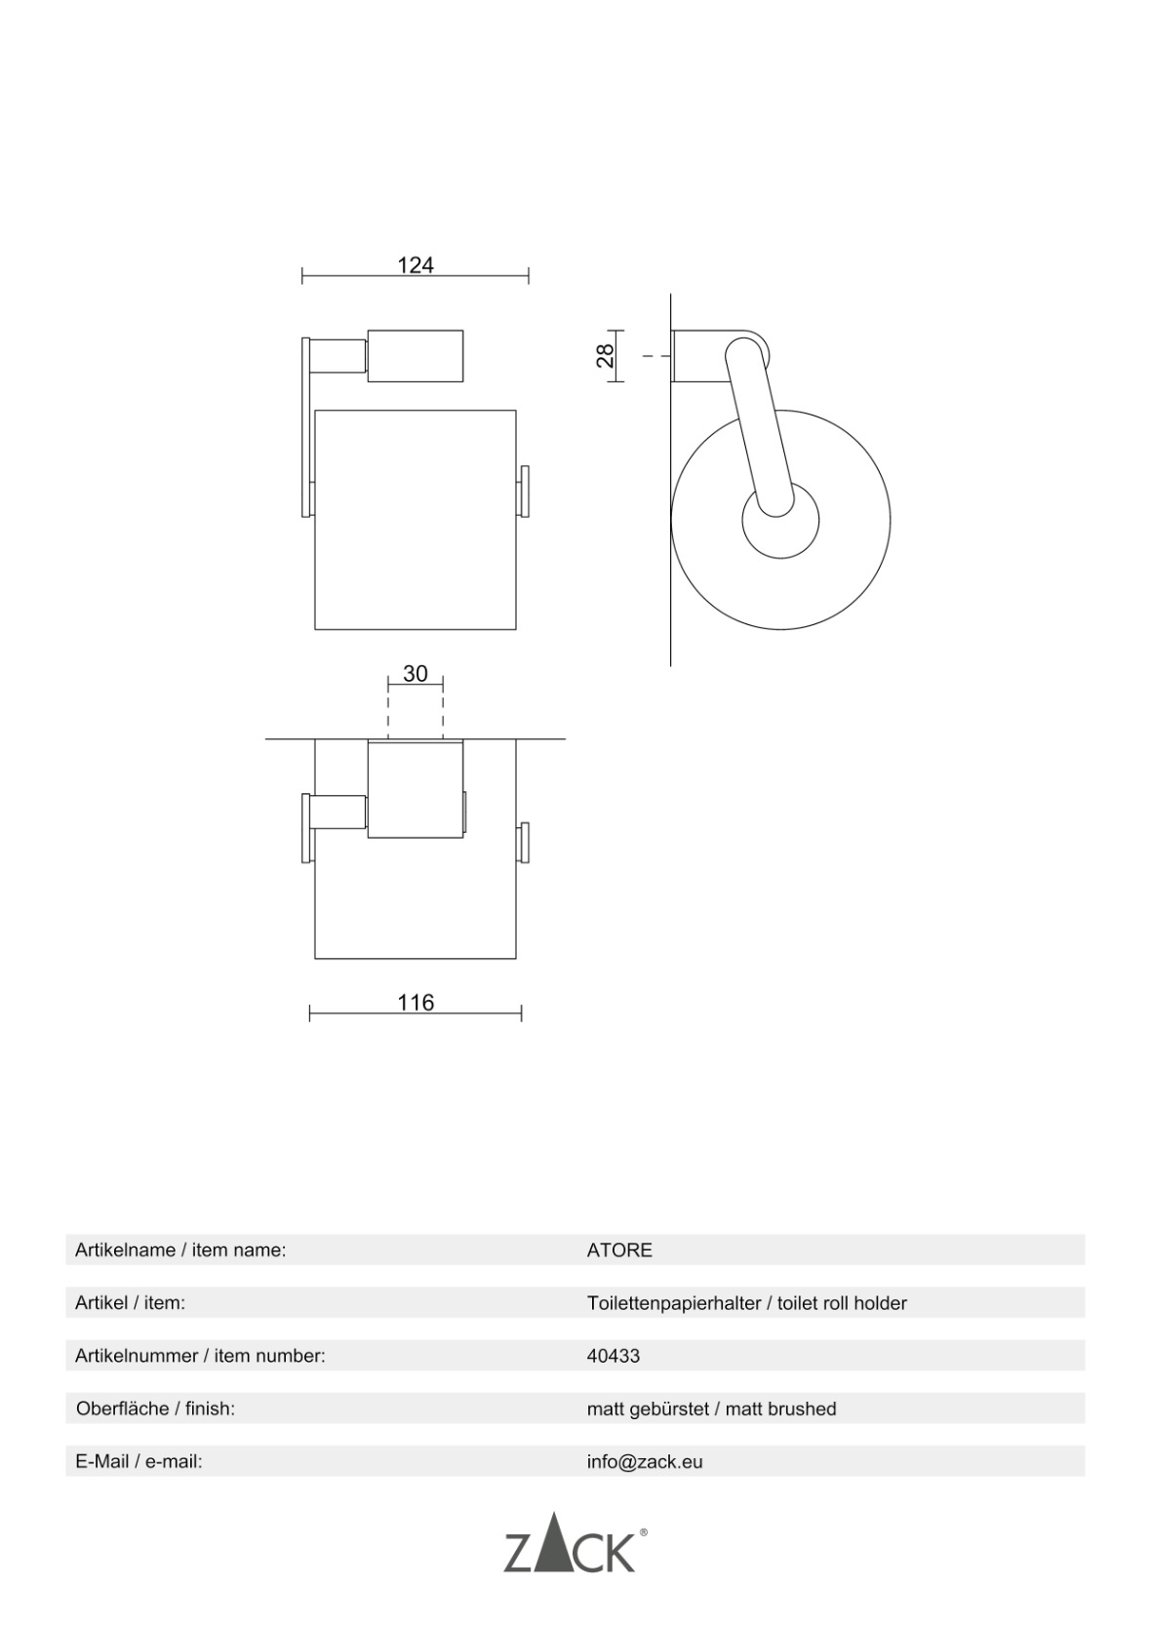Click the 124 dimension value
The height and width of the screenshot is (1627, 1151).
pos(416,265)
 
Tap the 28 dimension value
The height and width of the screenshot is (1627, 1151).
pos(606,356)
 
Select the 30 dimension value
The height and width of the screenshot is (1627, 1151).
pos(416,674)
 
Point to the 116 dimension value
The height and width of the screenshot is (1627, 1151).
pos(416,1003)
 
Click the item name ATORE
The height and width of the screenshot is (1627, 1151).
pos(619,1250)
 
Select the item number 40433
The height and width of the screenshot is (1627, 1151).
pos(614,1356)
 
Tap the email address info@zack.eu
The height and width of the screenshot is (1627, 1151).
pos(645,1462)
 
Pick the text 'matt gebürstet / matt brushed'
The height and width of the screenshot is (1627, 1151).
pos(712,1409)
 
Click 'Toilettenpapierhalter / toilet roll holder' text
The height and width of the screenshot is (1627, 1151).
pos(747,1303)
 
